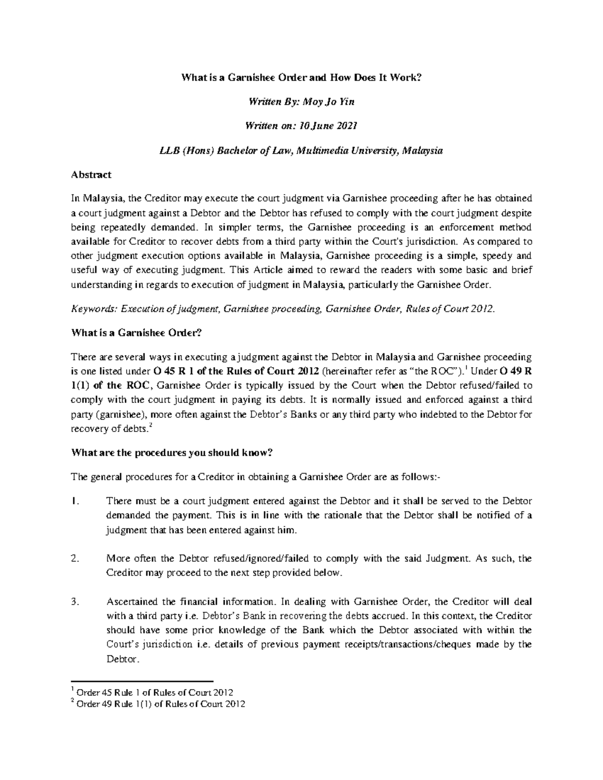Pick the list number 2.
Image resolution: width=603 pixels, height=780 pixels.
click(x=75, y=559)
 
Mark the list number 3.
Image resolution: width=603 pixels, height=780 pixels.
click(x=75, y=602)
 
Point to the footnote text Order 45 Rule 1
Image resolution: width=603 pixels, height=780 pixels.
click(x=105, y=693)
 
